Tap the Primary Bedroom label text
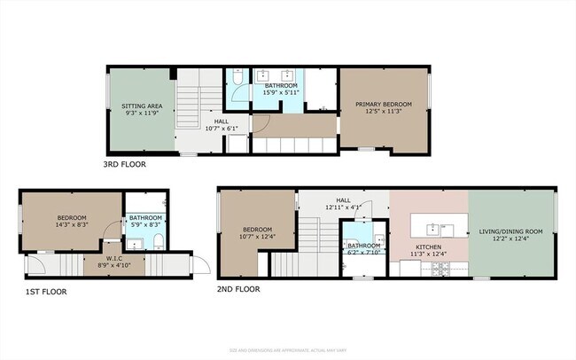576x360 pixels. [384, 104]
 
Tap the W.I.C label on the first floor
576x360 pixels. [114, 257]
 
